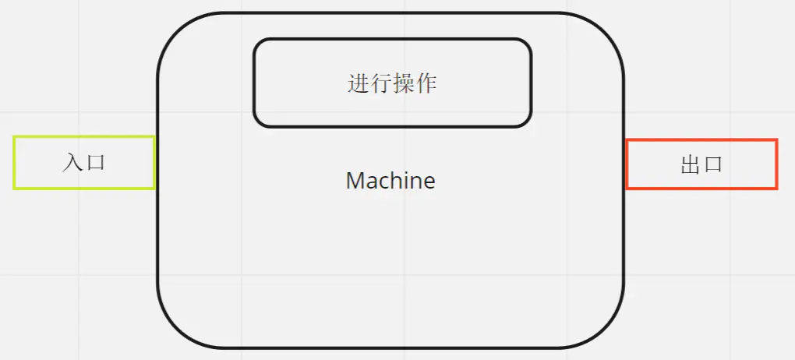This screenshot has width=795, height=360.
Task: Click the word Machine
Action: click(x=390, y=181)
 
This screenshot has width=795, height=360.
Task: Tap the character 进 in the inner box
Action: click(x=358, y=83)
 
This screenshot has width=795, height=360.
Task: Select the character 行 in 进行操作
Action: click(x=380, y=83)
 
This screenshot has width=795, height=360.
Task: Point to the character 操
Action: click(x=404, y=83)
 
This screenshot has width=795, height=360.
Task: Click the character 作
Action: click(x=426, y=83)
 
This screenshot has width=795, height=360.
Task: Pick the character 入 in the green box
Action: click(x=72, y=163)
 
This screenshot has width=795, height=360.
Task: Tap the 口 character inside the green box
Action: click(x=96, y=163)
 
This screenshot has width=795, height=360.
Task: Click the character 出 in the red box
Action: click(x=691, y=164)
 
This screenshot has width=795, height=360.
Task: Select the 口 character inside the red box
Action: click(x=713, y=164)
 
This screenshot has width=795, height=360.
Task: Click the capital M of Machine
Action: click(x=355, y=181)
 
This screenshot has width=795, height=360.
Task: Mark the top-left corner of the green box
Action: click(x=15, y=138)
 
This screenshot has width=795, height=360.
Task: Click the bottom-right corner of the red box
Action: click(x=776, y=188)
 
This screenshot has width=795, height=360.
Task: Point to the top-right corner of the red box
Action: click(x=776, y=141)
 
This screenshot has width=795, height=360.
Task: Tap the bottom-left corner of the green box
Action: click(x=15, y=188)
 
